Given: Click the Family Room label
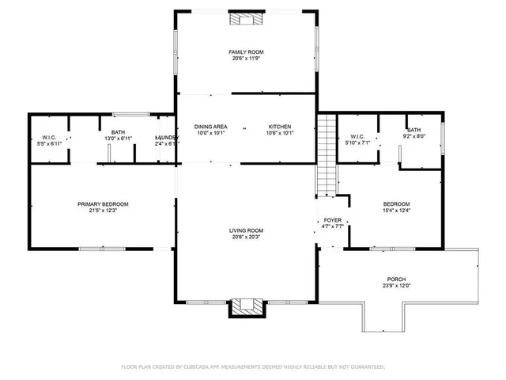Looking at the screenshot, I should pyautogui.click(x=246, y=51).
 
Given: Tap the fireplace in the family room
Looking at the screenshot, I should pyautogui.click(x=240, y=19).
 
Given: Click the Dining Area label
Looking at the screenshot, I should pyautogui.click(x=211, y=127).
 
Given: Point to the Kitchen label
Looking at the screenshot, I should pyautogui.click(x=280, y=127).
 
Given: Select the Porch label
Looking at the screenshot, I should pyautogui.click(x=396, y=279).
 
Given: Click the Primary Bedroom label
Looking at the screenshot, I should pyautogui.click(x=103, y=204).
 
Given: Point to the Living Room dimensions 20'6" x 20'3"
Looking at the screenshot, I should pyautogui.click(x=247, y=237).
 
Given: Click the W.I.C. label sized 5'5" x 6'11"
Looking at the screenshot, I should pyautogui.click(x=49, y=138).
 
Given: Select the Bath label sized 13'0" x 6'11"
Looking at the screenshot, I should pyautogui.click(x=118, y=132).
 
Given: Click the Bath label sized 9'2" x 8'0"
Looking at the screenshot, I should pyautogui.click(x=414, y=130).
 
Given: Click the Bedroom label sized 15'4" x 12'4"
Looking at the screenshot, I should pyautogui.click(x=396, y=203).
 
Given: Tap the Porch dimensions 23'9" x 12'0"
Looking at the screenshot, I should pyautogui.click(x=396, y=287).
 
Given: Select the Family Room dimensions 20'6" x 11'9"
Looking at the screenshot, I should pyautogui.click(x=246, y=59).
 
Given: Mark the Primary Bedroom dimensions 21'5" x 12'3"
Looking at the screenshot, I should pyautogui.click(x=103, y=211).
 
